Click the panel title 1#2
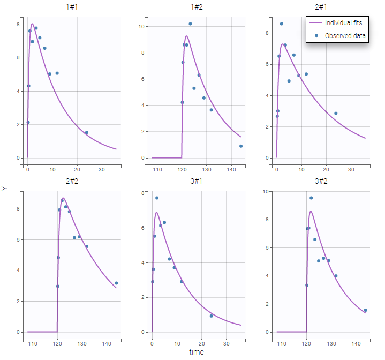pyautogui.click(x=197, y=8)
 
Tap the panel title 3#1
pyautogui.click(x=197, y=181)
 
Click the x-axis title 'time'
pyautogui.click(x=197, y=352)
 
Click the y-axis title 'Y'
pyautogui.click(x=4, y=189)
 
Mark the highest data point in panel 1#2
pyautogui.click(x=190, y=24)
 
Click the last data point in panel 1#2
pyautogui.click(x=241, y=146)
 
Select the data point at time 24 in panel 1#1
pyautogui.click(x=87, y=132)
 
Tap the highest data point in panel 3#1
pyautogui.click(x=157, y=198)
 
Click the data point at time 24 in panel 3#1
pyautogui.click(x=211, y=316)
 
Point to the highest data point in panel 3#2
pyautogui.click(x=311, y=198)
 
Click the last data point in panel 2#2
pyautogui.click(x=116, y=283)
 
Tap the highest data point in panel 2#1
pyautogui.click(x=282, y=24)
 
